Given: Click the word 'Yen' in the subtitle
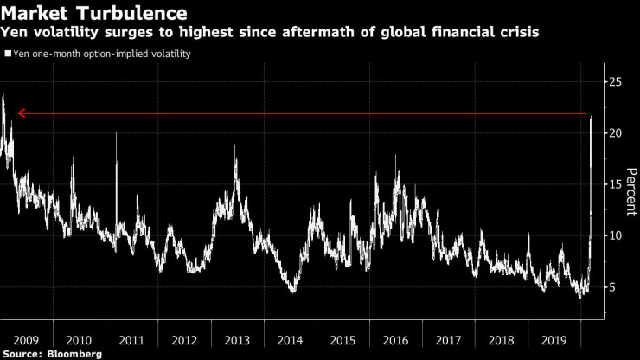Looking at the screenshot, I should [x=16, y=33].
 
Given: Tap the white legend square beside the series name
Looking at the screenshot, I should [x=7, y=54].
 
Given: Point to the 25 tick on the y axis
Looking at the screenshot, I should [x=615, y=82].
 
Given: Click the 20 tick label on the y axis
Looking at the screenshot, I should [x=615, y=133].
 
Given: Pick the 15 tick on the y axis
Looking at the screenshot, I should [x=615, y=184].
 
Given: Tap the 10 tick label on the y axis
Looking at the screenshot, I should [x=615, y=235].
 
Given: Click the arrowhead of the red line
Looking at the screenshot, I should [x=21, y=113].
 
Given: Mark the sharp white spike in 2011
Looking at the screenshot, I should [x=116, y=133].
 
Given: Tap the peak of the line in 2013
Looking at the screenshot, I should [x=235, y=145].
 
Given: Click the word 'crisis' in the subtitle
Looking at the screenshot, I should [x=517, y=33].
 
